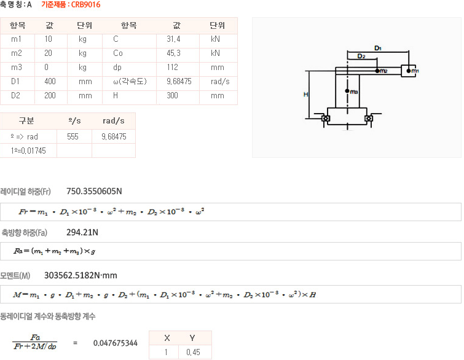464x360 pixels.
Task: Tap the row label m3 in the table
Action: coord(17,68)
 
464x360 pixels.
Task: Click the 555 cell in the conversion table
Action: coord(73,136)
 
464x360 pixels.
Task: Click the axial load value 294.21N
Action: coord(82,233)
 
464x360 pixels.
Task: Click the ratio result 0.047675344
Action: coord(115,343)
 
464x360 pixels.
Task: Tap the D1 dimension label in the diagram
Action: coord(378,47)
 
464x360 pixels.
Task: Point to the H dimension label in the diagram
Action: coord(305,94)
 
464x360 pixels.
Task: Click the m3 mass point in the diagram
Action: coord(348,92)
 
